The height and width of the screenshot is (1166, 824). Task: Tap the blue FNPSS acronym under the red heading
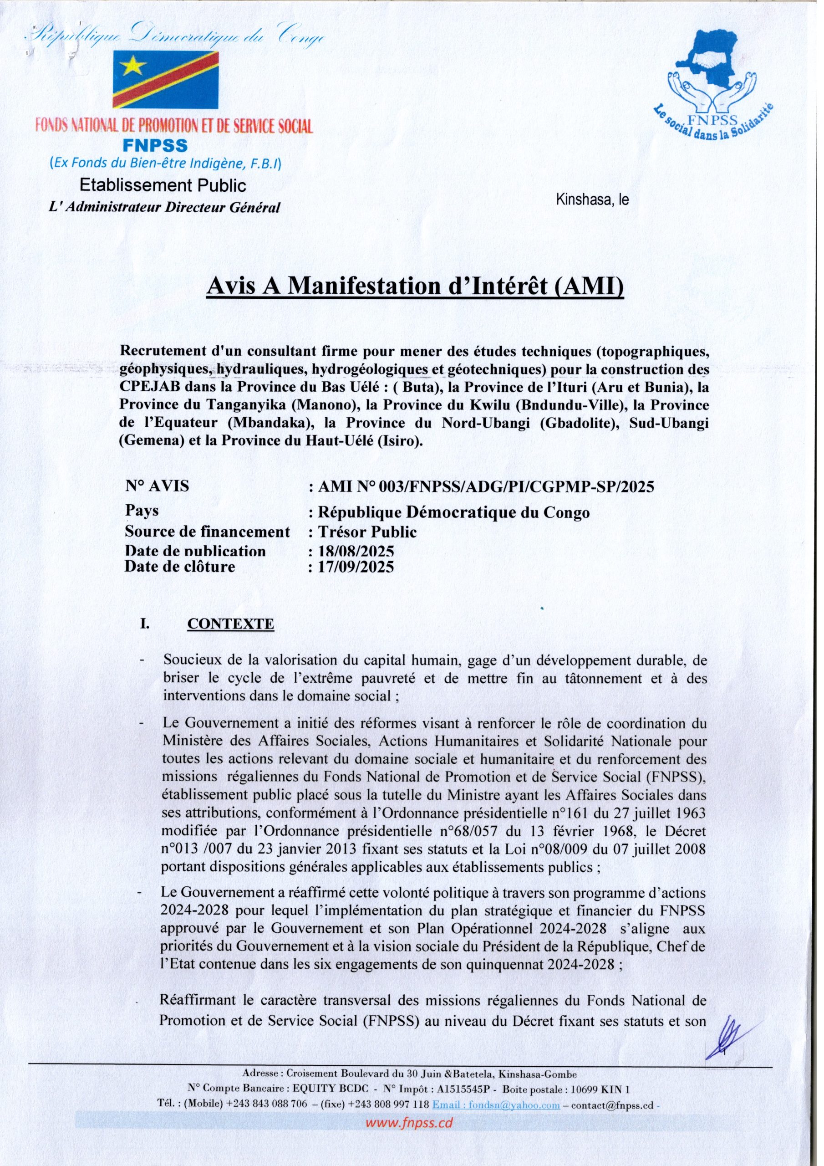[x=155, y=146]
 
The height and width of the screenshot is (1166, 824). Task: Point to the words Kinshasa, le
[x=592, y=199]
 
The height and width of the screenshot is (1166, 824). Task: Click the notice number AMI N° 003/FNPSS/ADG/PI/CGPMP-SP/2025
[x=485, y=486]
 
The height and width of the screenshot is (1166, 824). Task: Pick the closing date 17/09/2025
[x=356, y=566]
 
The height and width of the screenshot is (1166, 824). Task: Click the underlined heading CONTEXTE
[x=230, y=624]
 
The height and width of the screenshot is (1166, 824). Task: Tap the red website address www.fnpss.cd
[x=409, y=1123]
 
